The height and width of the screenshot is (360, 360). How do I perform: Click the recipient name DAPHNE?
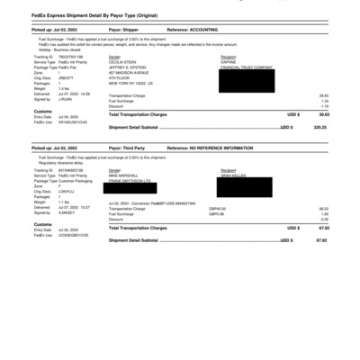[x=229, y=60]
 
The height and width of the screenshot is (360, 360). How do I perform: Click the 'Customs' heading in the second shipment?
[x=42, y=224]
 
